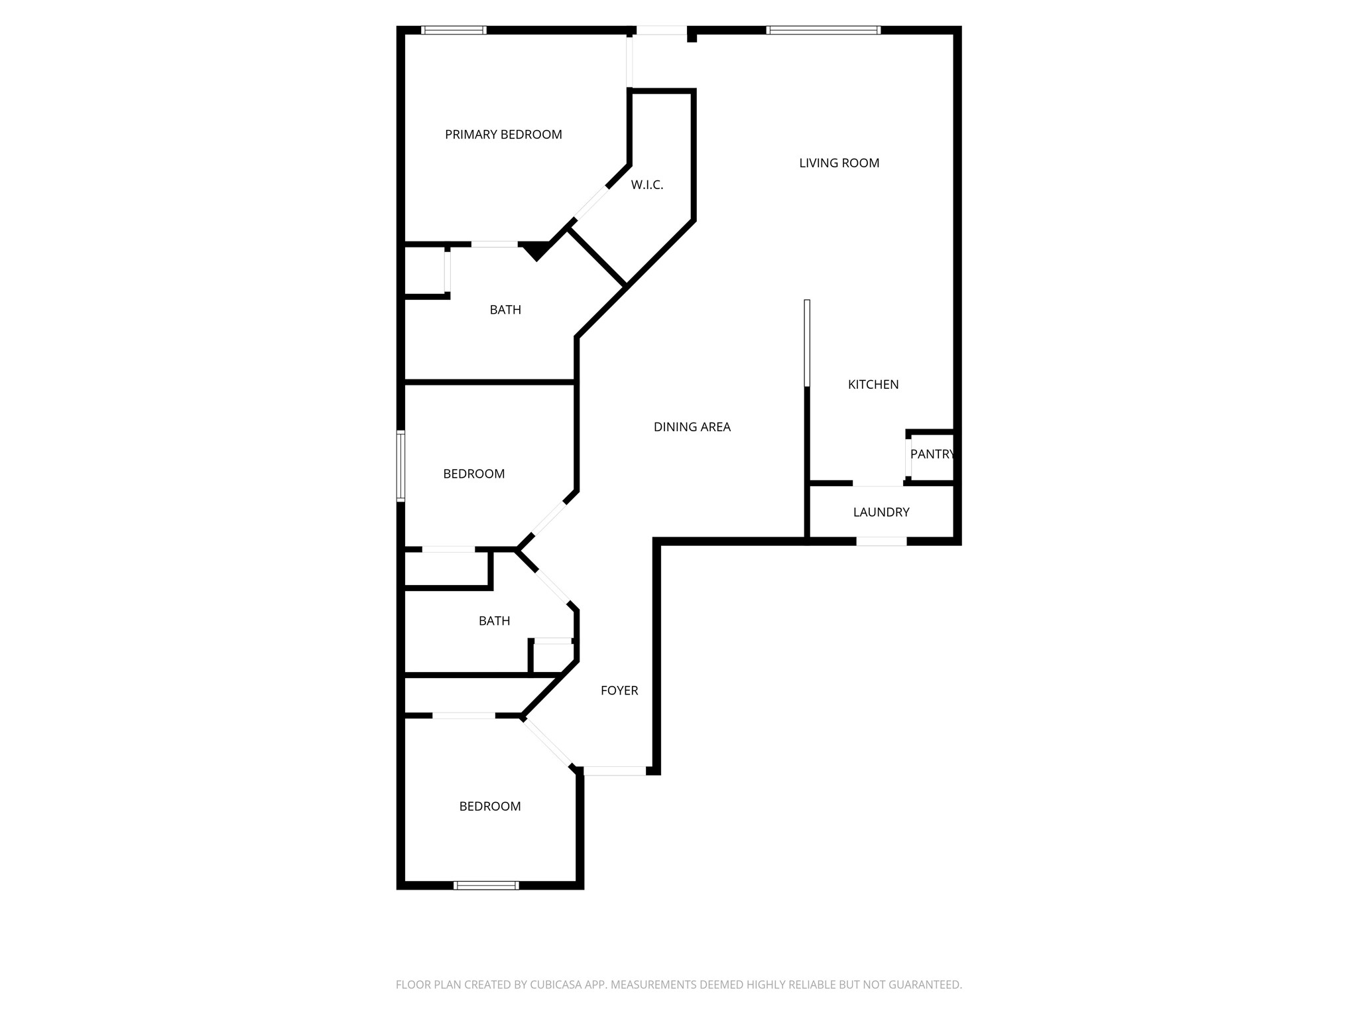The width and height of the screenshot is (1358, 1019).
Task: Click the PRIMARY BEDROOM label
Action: [x=503, y=135]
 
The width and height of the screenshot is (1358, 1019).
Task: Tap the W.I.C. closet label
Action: [x=647, y=185]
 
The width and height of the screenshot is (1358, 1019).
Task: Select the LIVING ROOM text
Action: [x=839, y=163]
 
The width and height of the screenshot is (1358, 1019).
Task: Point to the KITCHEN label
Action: [x=873, y=385]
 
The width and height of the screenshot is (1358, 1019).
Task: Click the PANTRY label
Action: [x=932, y=454]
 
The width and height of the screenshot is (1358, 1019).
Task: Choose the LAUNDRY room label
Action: [x=881, y=512]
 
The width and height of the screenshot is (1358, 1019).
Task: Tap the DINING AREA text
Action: [x=692, y=427]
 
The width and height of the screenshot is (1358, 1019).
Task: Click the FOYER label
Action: [x=619, y=691]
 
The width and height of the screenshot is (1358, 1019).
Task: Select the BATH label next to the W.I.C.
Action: [x=505, y=310]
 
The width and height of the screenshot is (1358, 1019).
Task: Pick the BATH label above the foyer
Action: [x=494, y=621]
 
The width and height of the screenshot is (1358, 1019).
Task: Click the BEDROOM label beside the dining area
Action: [x=473, y=474]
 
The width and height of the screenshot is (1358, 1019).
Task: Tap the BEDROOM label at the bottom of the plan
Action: [x=489, y=806]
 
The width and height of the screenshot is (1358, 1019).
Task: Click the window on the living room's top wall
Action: [x=823, y=30]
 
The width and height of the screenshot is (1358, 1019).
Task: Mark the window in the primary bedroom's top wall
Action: [x=454, y=30]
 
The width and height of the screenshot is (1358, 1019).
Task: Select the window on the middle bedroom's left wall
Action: [x=401, y=466]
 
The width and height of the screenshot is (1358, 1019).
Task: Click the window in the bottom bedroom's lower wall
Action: [x=485, y=885]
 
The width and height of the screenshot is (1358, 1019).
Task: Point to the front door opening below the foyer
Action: [x=614, y=771]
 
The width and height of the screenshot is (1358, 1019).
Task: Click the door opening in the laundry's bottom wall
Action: [x=881, y=541]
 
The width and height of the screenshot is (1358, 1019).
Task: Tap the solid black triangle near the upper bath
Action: [x=536, y=251]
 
